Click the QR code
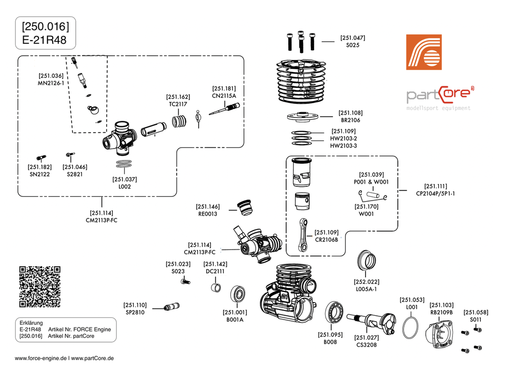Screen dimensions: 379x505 (x=39, y=287)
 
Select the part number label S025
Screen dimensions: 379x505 (x=352, y=46)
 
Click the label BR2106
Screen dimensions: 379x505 (x=351, y=120)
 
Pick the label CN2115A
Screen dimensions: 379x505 (x=224, y=96)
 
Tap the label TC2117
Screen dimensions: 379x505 (x=178, y=104)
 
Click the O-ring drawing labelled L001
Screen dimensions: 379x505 (x=412, y=329)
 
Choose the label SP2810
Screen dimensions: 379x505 (x=135, y=313)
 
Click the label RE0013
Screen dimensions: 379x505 (x=208, y=214)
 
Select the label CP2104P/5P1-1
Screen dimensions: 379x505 (x=435, y=193)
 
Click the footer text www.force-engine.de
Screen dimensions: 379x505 (x=41, y=358)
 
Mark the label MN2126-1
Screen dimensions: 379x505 (x=50, y=83)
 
